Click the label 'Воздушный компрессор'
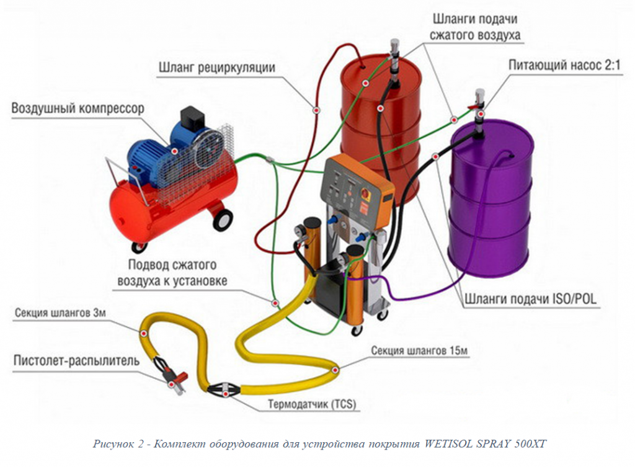(78, 109)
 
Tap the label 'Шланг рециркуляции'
(216, 67)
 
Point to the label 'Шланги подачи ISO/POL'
(530, 299)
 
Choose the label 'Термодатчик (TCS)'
(313, 406)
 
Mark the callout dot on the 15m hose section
(335, 371)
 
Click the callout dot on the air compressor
(174, 151)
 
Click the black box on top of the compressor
(192, 118)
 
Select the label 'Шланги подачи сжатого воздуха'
(476, 27)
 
